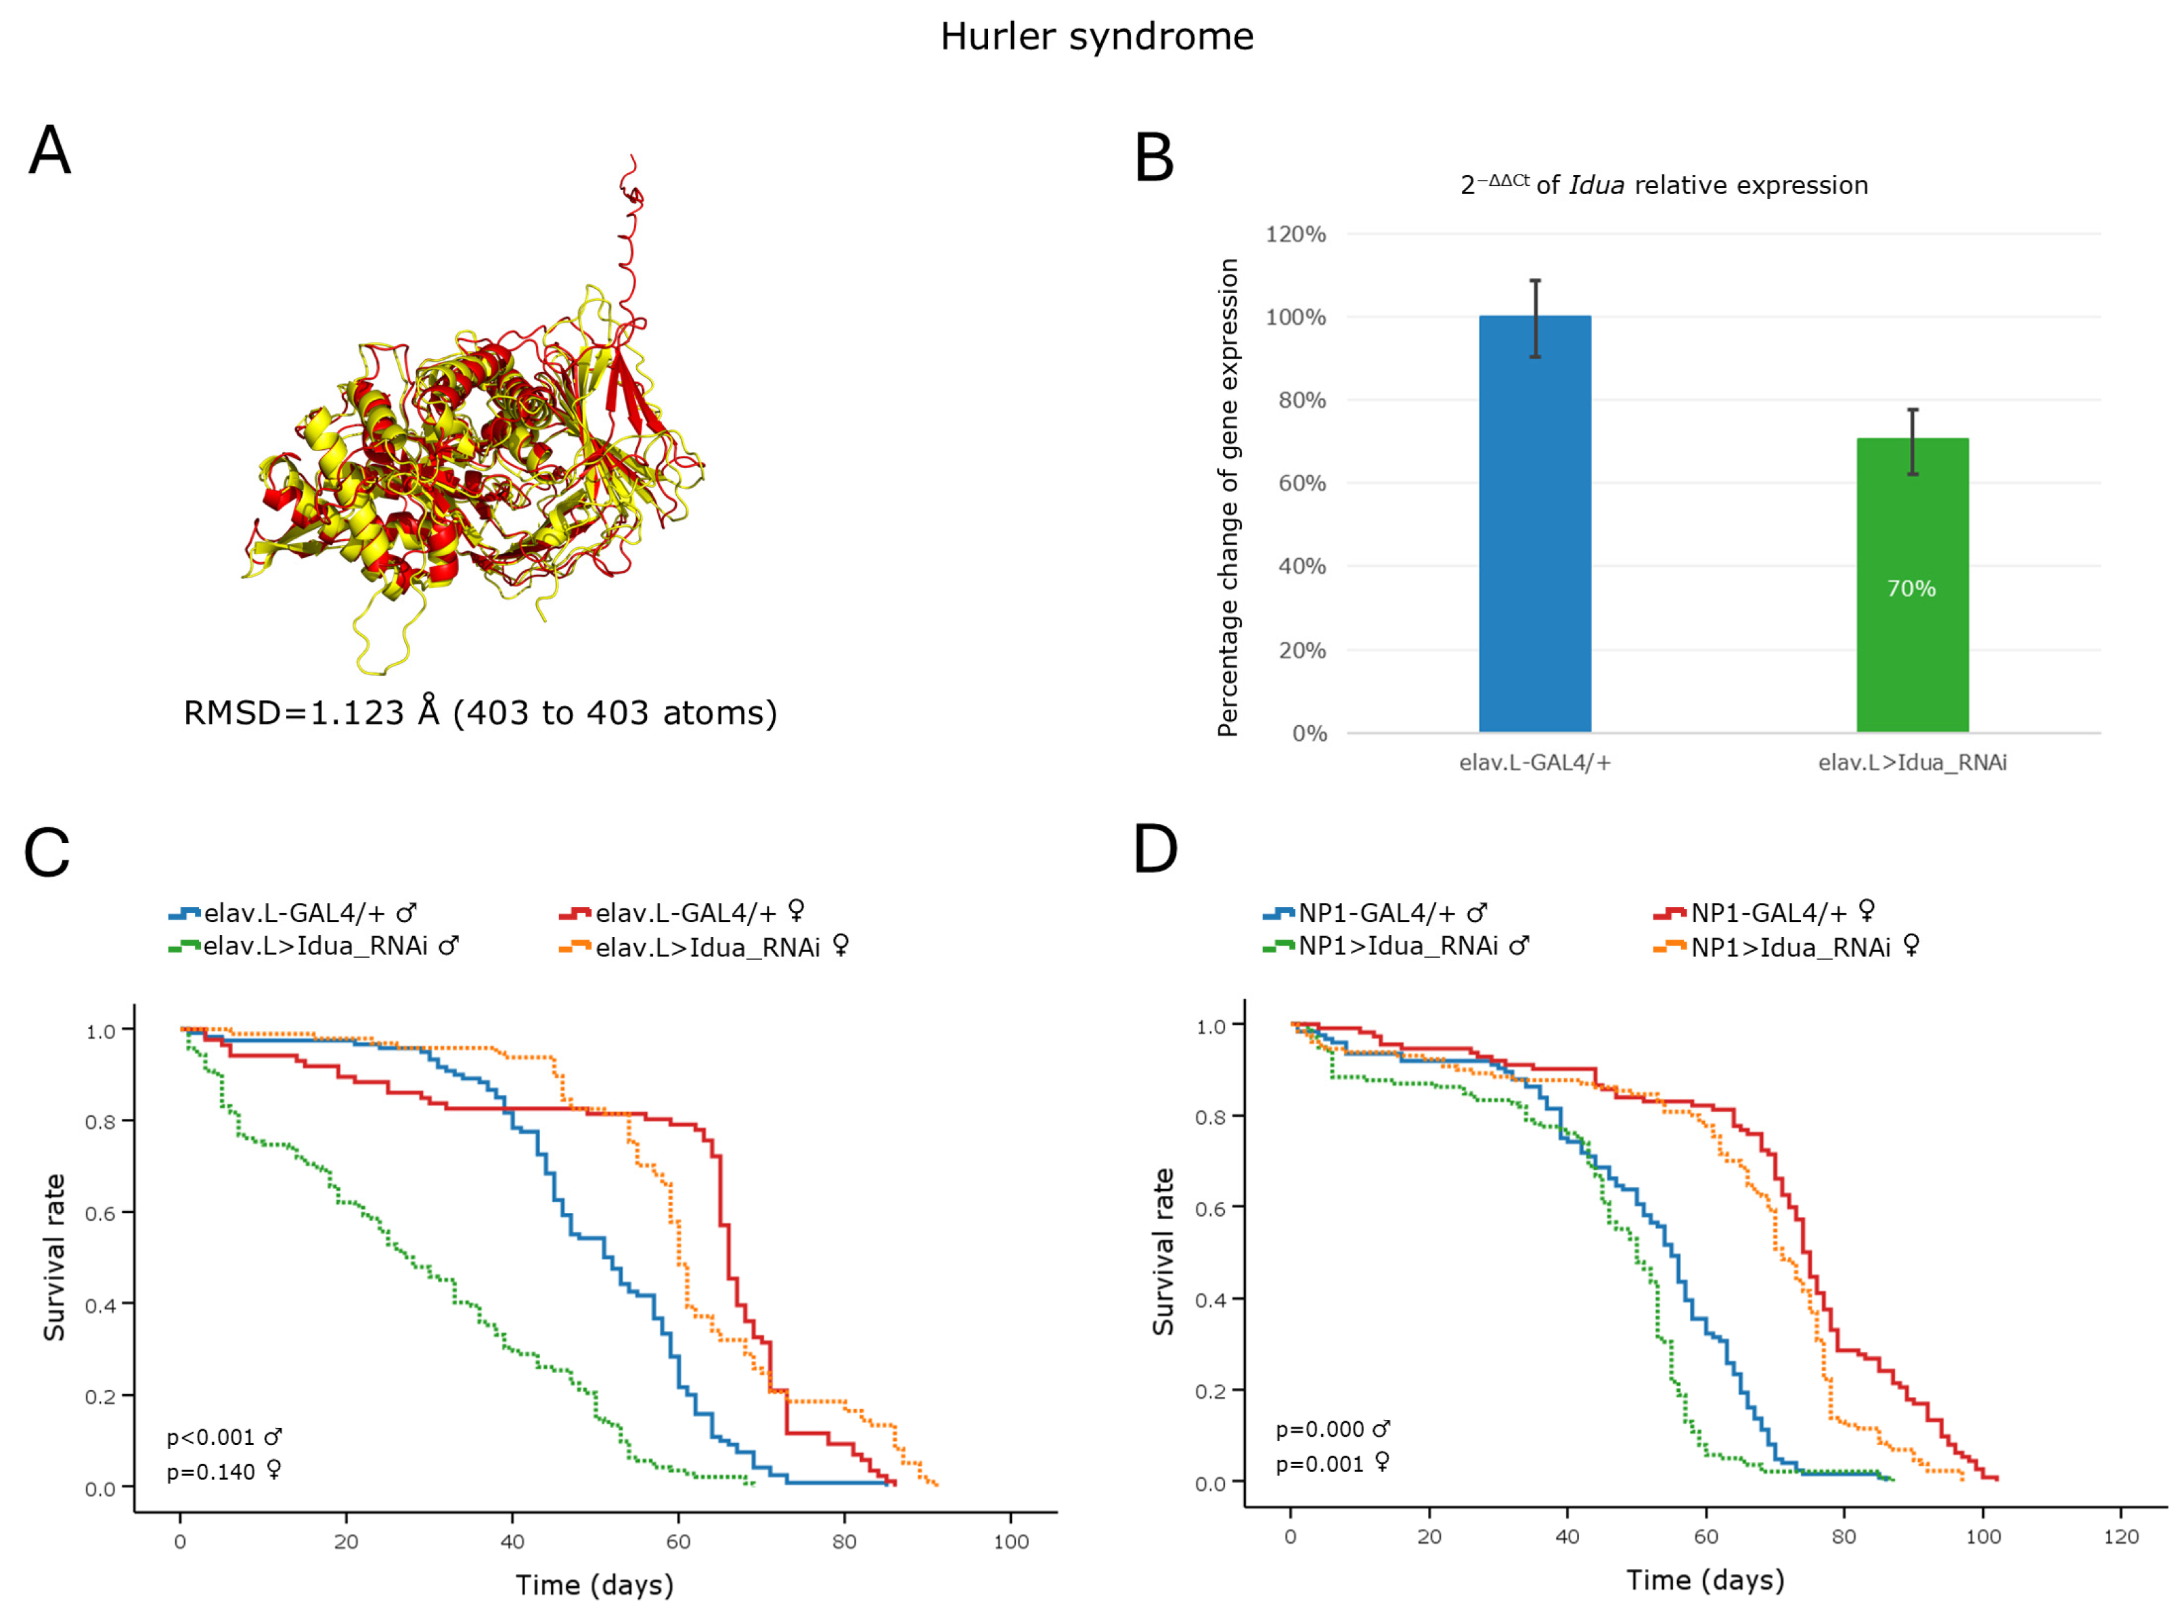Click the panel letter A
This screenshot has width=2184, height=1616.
(x=50, y=152)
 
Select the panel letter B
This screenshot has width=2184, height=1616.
(x=1154, y=158)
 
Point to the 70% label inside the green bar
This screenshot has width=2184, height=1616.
(x=1911, y=588)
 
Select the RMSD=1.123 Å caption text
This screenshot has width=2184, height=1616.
(x=479, y=712)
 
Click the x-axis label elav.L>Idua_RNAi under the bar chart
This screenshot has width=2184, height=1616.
(x=1912, y=762)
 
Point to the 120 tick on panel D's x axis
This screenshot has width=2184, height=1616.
(x=2120, y=1537)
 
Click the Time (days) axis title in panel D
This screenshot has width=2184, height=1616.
(x=1705, y=1579)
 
